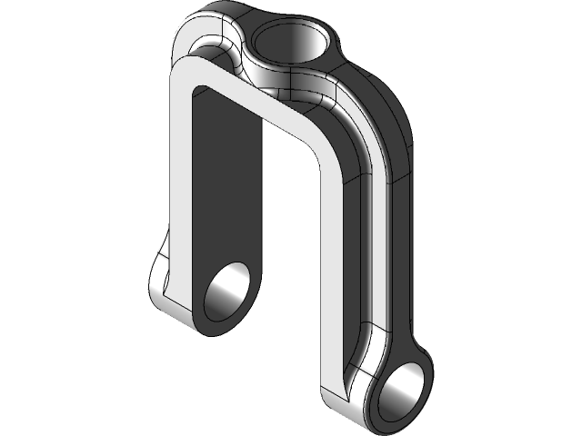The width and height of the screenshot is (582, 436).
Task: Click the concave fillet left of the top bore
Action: click(218, 50)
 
